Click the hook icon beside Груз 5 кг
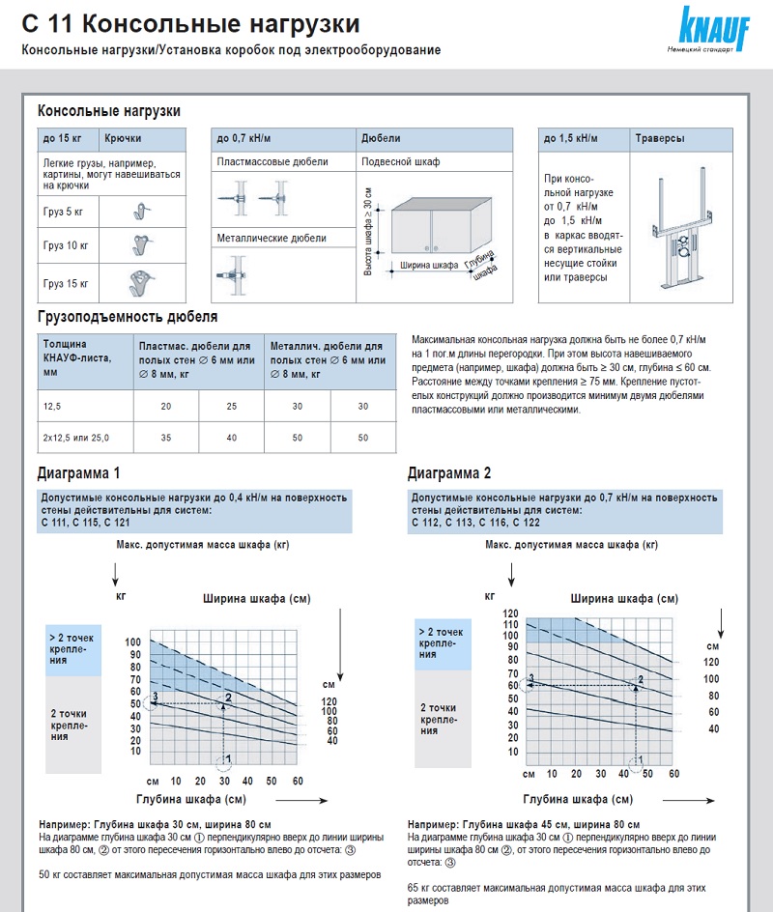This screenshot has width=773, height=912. (141, 210)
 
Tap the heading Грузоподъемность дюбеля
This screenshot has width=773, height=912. (127, 316)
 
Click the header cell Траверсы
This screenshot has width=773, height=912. (659, 139)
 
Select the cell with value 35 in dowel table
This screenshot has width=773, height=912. (165, 438)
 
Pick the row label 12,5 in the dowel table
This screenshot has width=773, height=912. (51, 406)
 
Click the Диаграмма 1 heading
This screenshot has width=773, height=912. (79, 473)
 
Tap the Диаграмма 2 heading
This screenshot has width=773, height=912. (449, 473)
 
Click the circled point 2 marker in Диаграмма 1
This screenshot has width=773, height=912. (228, 698)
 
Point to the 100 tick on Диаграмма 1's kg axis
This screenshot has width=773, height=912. (132, 642)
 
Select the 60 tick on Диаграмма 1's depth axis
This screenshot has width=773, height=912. (297, 780)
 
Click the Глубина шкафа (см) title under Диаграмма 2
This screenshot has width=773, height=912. (578, 799)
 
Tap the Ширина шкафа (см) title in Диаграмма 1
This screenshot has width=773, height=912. (256, 599)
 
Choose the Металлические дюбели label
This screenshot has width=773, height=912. (272, 238)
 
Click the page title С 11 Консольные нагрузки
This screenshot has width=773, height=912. (190, 22)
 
